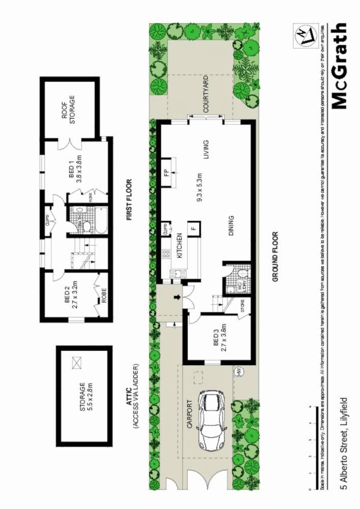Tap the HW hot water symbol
(x=238, y=372)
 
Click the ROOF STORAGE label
(x=68, y=109)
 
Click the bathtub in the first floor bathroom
(x=100, y=220)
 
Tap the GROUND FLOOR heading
(x=275, y=257)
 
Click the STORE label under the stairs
(x=242, y=307)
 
